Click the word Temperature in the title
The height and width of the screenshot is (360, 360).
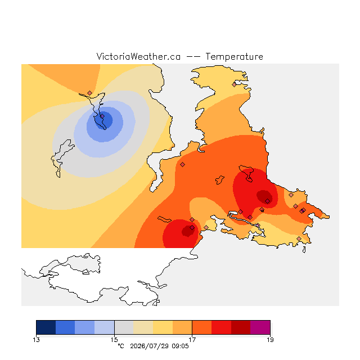[234, 56]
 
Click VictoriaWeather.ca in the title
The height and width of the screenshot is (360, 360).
[138, 56]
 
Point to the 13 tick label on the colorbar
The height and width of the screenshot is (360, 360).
[36, 340]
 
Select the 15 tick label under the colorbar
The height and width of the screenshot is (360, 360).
[114, 340]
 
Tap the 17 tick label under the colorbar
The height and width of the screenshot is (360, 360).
[192, 340]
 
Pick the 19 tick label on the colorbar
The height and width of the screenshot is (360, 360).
[270, 340]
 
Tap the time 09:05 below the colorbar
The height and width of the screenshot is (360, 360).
[180, 346]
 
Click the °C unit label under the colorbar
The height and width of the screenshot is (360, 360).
[121, 346]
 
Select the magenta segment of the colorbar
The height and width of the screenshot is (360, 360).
[260, 327]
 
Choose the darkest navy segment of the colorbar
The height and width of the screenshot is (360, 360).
[46, 327]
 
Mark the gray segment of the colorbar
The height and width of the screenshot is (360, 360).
[124, 327]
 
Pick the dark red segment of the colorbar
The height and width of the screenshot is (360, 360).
[241, 327]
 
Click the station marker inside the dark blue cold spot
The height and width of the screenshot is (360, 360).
[102, 116]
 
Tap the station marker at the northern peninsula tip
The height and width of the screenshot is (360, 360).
[234, 85]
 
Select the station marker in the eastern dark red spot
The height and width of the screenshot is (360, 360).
[268, 201]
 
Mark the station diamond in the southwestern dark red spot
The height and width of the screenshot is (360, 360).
[192, 227]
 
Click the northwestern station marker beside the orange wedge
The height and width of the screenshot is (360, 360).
[90, 93]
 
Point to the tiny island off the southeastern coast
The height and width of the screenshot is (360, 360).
[304, 250]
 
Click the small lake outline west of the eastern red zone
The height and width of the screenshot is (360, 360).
[220, 180]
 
